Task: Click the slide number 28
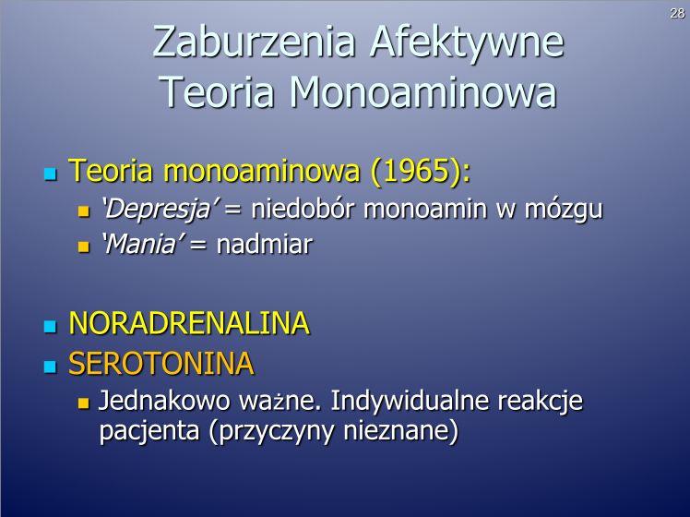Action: [677, 14]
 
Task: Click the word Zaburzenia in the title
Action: [255, 42]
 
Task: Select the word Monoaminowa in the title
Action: [423, 91]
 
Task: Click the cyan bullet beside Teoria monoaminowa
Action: [51, 174]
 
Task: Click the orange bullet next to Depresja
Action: [84, 210]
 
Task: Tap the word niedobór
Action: [303, 208]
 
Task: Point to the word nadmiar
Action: [265, 244]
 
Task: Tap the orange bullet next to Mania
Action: [84, 246]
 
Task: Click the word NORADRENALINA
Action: [189, 323]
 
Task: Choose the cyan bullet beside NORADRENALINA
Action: [51, 326]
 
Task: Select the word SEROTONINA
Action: [161, 364]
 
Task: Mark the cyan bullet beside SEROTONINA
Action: [51, 367]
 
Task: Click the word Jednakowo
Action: [164, 401]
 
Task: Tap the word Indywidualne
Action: [410, 402]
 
